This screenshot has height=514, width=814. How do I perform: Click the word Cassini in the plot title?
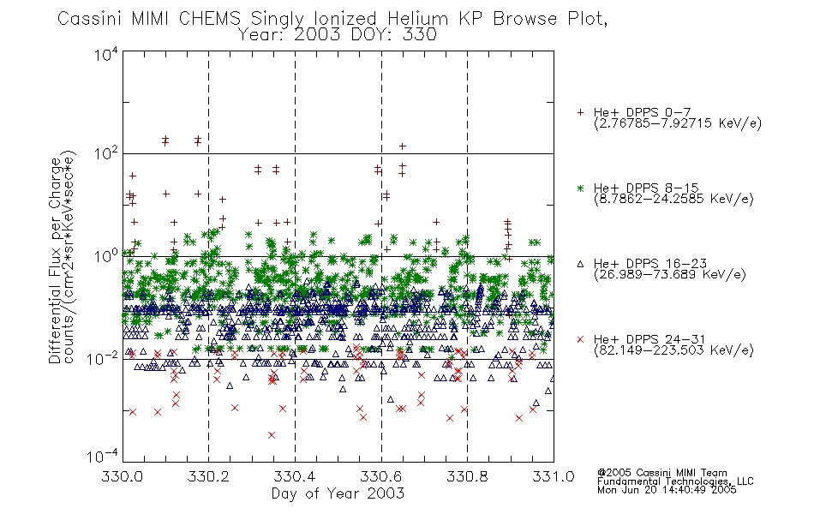coord(89,19)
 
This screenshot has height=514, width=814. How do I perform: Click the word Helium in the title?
coord(417,19)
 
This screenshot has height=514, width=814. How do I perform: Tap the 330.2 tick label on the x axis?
coord(208,476)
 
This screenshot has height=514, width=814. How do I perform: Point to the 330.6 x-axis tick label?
coord(381,476)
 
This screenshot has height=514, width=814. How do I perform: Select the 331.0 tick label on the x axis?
coord(554,476)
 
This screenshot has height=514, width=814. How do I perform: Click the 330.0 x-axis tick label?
coord(123,476)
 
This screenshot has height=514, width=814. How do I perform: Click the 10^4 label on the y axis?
coord(106,54)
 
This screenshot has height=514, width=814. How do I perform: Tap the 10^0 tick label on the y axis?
coord(106,256)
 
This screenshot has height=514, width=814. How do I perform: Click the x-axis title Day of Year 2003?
coord(338,493)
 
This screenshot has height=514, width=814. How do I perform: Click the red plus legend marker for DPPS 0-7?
coord(580,112)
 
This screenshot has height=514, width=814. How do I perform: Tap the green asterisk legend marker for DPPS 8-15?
coord(580,188)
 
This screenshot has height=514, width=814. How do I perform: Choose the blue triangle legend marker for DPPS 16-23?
coord(580,264)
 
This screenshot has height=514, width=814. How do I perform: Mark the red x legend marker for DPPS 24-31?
coord(580,339)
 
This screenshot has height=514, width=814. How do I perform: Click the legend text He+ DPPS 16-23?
coord(650,264)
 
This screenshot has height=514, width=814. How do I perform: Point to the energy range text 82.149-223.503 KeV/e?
coord(673,350)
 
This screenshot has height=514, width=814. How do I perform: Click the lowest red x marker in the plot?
coord(272,435)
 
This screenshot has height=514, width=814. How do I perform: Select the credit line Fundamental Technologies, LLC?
coord(675,481)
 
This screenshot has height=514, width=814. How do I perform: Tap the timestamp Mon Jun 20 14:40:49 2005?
coord(667,490)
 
